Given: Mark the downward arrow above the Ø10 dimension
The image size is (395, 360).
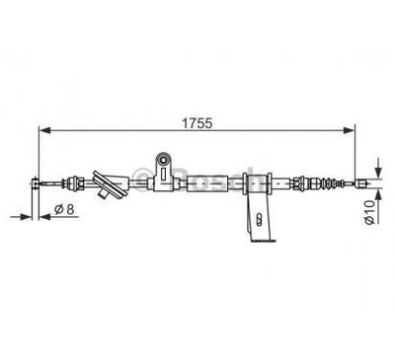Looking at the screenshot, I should coord(375,165).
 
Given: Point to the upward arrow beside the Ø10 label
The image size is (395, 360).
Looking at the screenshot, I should coord(375,193).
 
